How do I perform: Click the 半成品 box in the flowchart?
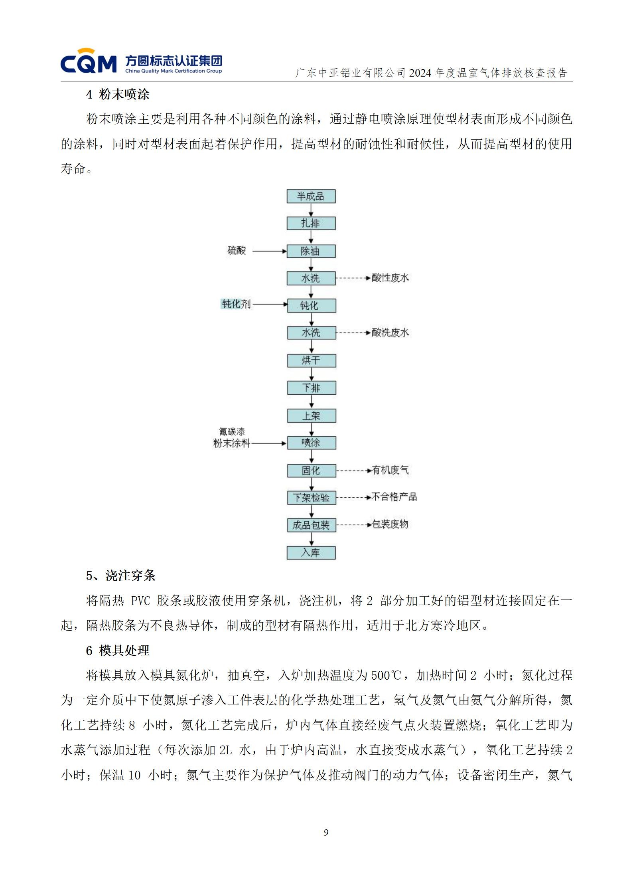(311, 196)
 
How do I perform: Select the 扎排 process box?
(311, 224)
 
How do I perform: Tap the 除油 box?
(311, 251)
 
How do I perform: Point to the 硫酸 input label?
(237, 251)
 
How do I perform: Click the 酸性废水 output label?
(390, 278)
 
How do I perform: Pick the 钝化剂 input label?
(236, 304)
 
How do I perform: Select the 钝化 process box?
(311, 306)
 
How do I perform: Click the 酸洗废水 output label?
(390, 332)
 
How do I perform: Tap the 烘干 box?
(312, 361)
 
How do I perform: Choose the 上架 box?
(312, 416)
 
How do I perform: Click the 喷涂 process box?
(312, 443)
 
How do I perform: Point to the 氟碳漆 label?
(232, 432)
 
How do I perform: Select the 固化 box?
(312, 471)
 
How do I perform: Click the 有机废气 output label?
(390, 470)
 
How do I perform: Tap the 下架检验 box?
(312, 498)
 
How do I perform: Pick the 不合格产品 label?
(394, 497)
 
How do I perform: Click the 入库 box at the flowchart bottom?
(311, 553)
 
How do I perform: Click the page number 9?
(326, 833)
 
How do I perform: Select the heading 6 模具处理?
(118, 651)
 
